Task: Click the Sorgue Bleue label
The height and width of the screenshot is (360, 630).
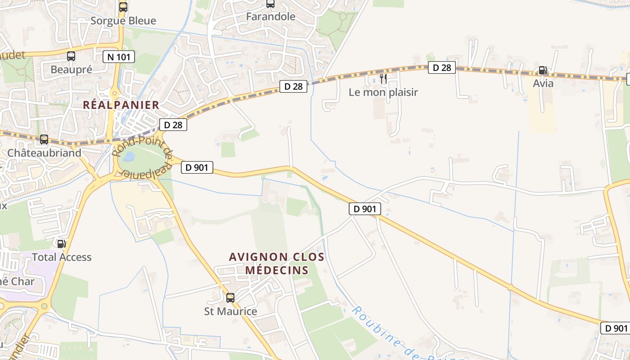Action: (x=123, y=21)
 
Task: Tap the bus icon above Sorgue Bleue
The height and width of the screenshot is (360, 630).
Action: (x=123, y=7)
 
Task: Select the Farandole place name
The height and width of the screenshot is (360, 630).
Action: (x=270, y=17)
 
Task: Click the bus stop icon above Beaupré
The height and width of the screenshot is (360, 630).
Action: (x=71, y=56)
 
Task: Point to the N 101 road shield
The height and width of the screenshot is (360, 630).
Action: (x=119, y=57)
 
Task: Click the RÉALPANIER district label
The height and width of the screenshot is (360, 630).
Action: (x=121, y=105)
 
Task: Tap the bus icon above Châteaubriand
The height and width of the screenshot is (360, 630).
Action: (x=44, y=139)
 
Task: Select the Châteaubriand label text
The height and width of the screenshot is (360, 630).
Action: (x=44, y=153)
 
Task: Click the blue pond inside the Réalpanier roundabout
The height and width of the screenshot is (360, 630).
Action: (x=128, y=157)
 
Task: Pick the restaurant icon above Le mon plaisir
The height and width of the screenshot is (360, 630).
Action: (x=383, y=79)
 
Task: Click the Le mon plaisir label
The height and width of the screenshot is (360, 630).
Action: (x=383, y=92)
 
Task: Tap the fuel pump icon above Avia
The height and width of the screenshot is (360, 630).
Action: (x=543, y=70)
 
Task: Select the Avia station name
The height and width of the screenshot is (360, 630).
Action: (x=543, y=84)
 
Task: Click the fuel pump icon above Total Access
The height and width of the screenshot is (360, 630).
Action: (x=61, y=243)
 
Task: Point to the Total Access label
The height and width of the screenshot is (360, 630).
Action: (x=61, y=257)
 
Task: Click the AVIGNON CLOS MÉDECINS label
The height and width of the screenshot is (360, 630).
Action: (x=276, y=264)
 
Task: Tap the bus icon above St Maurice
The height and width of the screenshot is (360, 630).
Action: (x=230, y=297)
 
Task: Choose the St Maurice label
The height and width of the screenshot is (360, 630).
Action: (x=230, y=311)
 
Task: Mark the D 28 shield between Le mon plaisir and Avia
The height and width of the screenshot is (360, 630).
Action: (x=441, y=68)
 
